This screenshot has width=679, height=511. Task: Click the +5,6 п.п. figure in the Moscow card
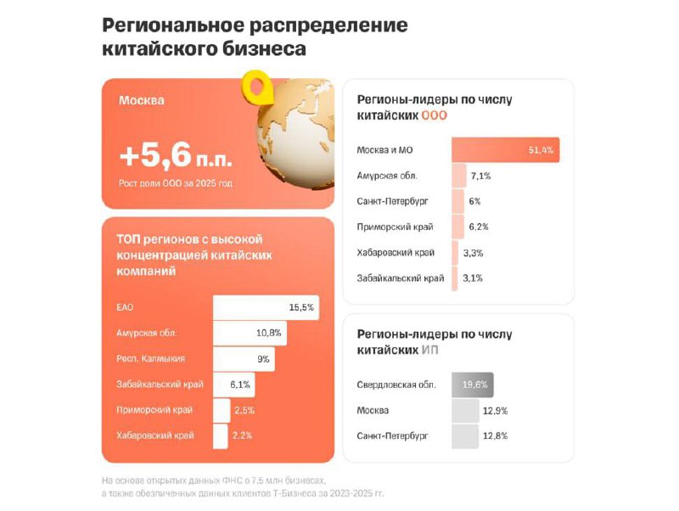pyautogui.click(x=176, y=156)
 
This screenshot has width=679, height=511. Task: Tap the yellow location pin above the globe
pyautogui.click(x=255, y=86)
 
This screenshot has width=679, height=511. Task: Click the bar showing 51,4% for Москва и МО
pyautogui.click(x=505, y=150)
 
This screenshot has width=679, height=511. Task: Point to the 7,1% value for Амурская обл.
pyautogui.click(x=480, y=176)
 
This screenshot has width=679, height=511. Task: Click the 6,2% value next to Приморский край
pyautogui.click(x=480, y=227)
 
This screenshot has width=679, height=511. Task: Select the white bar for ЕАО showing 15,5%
pyautogui.click(x=266, y=307)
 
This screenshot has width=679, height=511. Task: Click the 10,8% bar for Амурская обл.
pyautogui.click(x=250, y=334)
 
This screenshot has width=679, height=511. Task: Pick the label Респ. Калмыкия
pyautogui.click(x=150, y=359)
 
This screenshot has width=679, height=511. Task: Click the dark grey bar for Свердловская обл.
pyautogui.click(x=473, y=385)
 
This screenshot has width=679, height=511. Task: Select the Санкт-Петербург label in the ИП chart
pyautogui.click(x=393, y=436)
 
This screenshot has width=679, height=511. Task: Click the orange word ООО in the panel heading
pyautogui.click(x=435, y=115)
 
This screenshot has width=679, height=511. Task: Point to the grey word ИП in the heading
pyautogui.click(x=431, y=350)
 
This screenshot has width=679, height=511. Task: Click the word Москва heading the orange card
pyautogui.click(x=142, y=101)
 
